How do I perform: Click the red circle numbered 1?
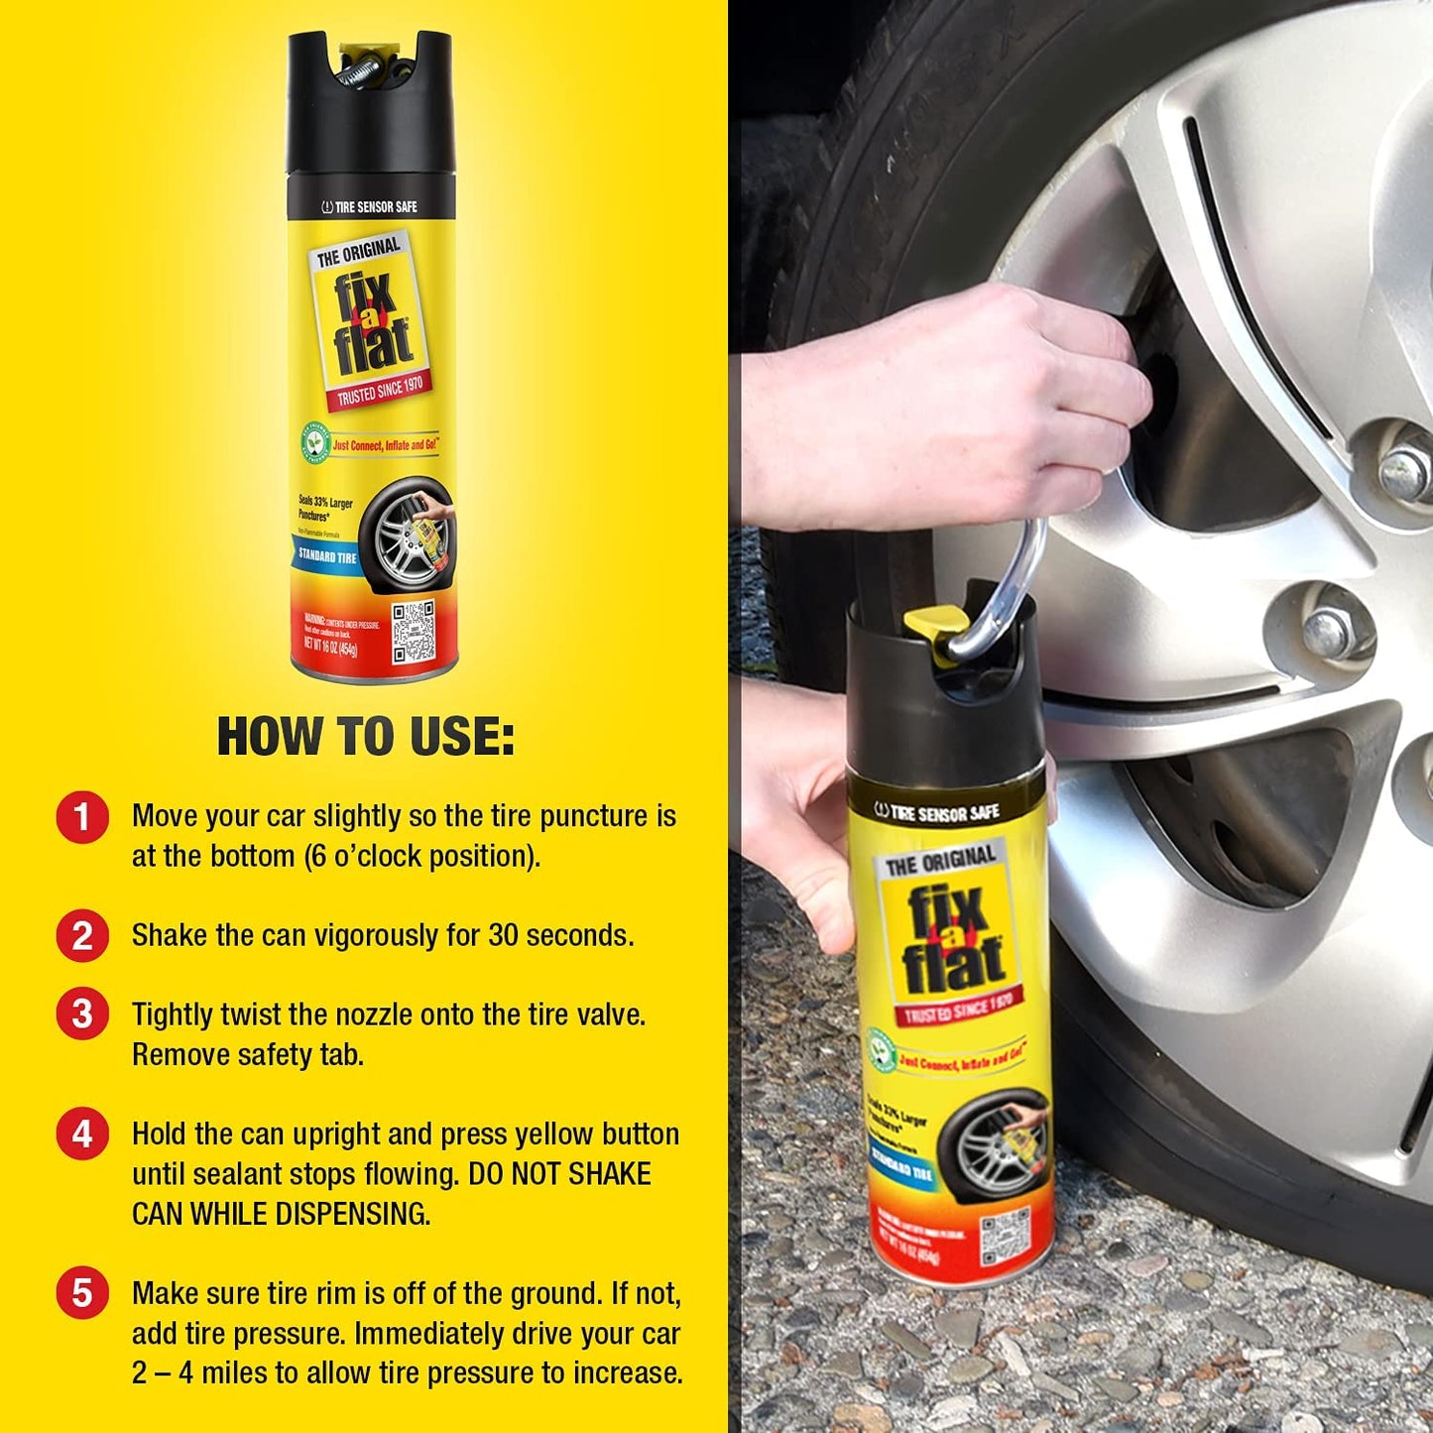click(x=82, y=817)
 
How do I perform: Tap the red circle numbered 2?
click(x=82, y=936)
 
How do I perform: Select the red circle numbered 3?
click(x=82, y=1015)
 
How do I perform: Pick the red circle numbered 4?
click(x=82, y=1134)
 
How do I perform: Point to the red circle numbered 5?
click(x=82, y=1293)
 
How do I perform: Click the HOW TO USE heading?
click(x=366, y=737)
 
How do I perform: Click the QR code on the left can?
click(x=413, y=631)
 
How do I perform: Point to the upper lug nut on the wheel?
click(x=1405, y=464)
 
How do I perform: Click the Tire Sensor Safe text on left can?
click(x=370, y=207)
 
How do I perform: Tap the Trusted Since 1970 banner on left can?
click(x=379, y=391)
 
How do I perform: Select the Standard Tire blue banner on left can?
click(x=326, y=555)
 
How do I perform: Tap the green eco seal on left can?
click(x=314, y=443)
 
